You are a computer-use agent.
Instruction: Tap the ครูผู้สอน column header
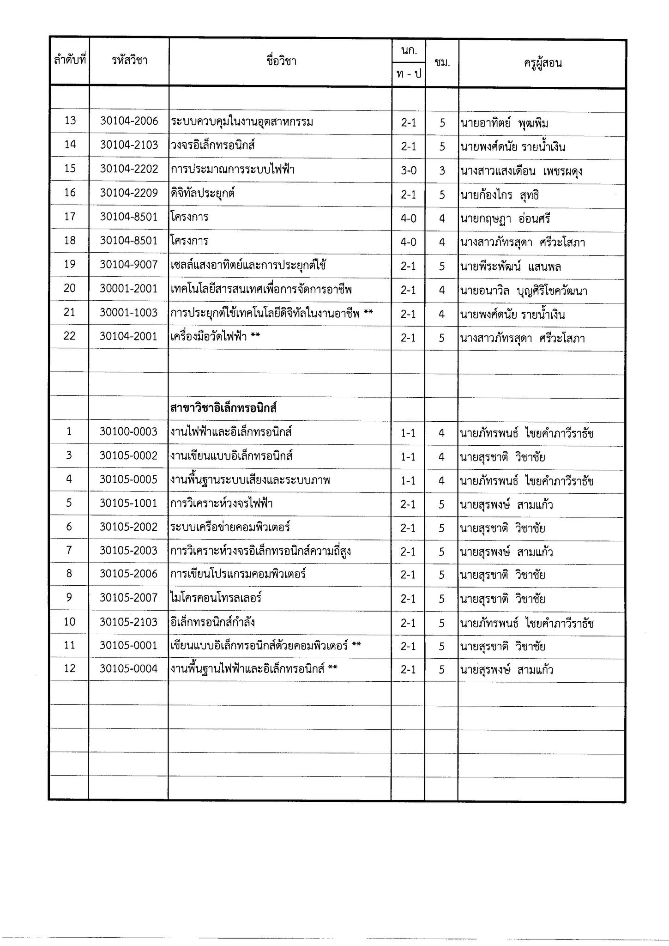point(542,63)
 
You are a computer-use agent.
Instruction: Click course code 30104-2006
point(129,121)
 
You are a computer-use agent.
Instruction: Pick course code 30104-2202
point(129,169)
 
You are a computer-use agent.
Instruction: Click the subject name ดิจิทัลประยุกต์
point(203,193)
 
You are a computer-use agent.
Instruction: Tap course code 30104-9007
point(129,265)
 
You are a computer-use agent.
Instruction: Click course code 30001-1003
point(129,313)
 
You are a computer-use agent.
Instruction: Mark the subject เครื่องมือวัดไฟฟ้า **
point(215,337)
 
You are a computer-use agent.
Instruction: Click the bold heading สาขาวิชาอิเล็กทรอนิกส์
point(223,408)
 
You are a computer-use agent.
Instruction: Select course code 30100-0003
point(129,431)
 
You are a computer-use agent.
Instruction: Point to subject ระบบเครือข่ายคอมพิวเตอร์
point(230,527)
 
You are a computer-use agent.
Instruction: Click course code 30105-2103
point(129,622)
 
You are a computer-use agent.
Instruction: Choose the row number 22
point(69,336)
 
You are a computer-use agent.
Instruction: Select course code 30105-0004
point(129,669)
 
